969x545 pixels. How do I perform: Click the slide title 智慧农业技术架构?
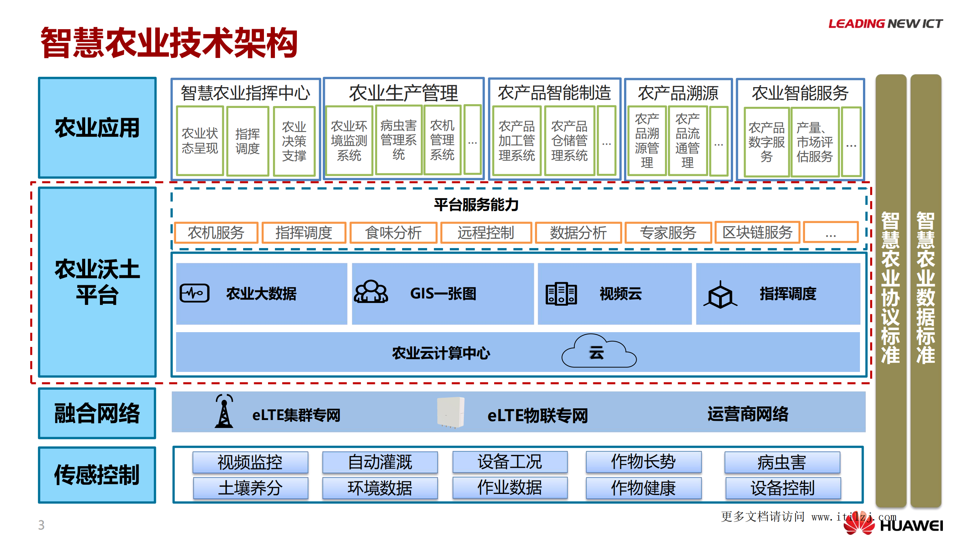click(x=169, y=43)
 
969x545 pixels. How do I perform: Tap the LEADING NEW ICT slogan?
click(x=885, y=24)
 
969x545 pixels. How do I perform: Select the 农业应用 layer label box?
click(x=97, y=128)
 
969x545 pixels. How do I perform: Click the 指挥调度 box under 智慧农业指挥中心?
click(x=248, y=141)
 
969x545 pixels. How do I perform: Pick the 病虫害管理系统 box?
click(x=398, y=140)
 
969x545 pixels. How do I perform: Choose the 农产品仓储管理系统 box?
click(x=569, y=141)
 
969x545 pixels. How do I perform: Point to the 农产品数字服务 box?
click(x=766, y=142)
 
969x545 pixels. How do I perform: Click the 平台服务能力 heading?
click(x=476, y=205)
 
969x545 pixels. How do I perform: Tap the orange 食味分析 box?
click(x=393, y=233)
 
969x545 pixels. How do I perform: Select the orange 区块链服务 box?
click(x=757, y=232)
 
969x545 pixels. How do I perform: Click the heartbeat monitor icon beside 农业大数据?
click(x=195, y=293)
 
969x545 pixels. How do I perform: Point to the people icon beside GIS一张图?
click(x=371, y=292)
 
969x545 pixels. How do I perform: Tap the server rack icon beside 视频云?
click(x=561, y=294)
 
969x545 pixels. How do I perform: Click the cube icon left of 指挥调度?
click(x=720, y=295)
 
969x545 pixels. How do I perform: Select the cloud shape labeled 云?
click(x=598, y=352)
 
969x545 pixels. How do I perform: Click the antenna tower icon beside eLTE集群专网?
click(x=224, y=411)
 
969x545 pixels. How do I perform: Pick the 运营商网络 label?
click(x=747, y=414)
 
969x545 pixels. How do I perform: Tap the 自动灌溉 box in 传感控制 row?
click(x=380, y=462)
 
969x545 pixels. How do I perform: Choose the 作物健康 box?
click(x=643, y=488)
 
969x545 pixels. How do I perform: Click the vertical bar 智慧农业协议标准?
click(x=890, y=288)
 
